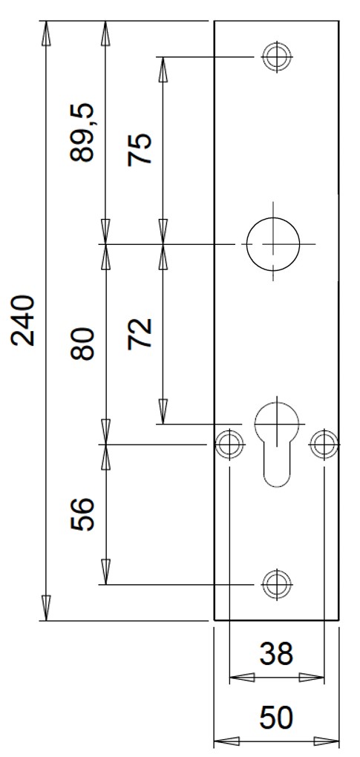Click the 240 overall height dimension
coord(23,321)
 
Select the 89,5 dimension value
coord(83,132)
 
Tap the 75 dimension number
coord(140,149)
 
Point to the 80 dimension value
coord(82,344)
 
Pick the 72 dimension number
coord(140,334)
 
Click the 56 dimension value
coord(82,514)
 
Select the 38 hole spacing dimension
coord(276,654)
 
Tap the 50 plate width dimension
coord(276,717)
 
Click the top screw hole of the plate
coord(277,57)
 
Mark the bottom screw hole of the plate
coord(277,584)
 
